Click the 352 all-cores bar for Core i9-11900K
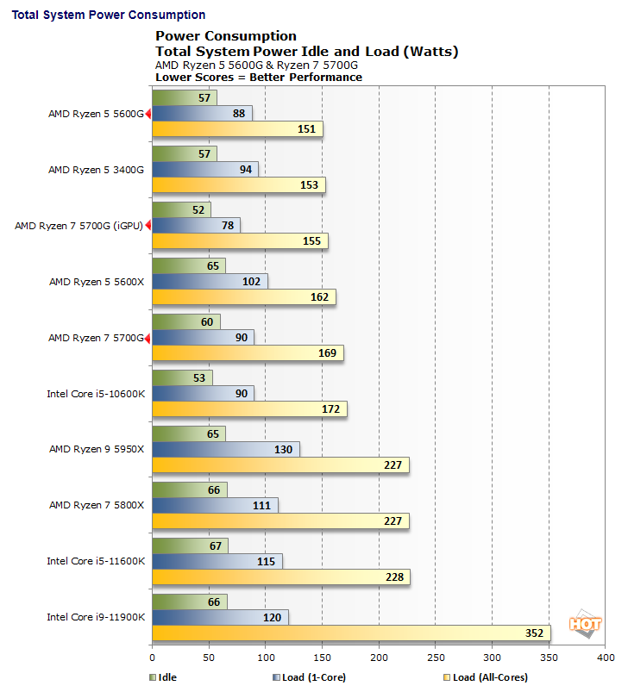pyautogui.click(x=350, y=633)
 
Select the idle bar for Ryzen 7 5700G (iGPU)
pyautogui.click(x=181, y=209)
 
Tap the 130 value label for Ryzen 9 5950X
pyautogui.click(x=282, y=449)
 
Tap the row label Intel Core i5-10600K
pyautogui.click(x=96, y=394)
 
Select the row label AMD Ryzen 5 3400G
pyautogui.click(x=96, y=170)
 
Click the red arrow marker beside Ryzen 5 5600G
pyautogui.click(x=148, y=114)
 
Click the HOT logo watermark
pyautogui.click(x=584, y=624)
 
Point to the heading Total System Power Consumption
pyautogui.click(x=108, y=15)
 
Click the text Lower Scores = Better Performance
pyautogui.click(x=258, y=77)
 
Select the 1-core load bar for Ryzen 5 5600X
pyautogui.click(x=210, y=281)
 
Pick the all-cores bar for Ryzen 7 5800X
pyautogui.click(x=280, y=521)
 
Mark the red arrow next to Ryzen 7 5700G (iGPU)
pyautogui.click(x=148, y=226)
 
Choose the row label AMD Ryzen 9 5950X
pyautogui.click(x=96, y=450)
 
